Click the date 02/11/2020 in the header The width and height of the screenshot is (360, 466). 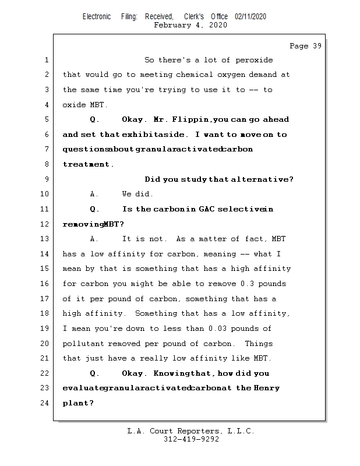(x=250, y=16)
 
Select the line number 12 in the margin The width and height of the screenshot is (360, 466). (x=46, y=224)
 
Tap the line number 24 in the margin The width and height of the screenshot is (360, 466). (x=46, y=403)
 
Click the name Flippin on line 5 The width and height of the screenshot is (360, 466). (x=191, y=119)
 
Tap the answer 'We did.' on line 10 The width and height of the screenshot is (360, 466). (x=137, y=194)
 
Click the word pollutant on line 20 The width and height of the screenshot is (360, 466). (x=83, y=344)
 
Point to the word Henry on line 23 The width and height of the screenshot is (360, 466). (x=267, y=388)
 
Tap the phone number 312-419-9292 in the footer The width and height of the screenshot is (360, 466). (x=191, y=440)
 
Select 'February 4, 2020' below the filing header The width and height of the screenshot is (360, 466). (x=190, y=25)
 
